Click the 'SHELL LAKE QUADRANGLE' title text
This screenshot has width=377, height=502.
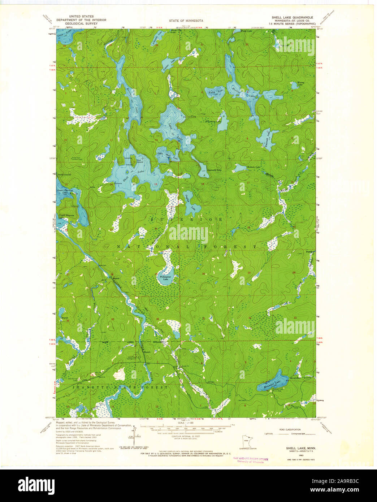click(x=292, y=17)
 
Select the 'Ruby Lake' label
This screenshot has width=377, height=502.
click(x=215, y=91)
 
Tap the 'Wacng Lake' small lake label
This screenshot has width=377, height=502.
click(x=300, y=83)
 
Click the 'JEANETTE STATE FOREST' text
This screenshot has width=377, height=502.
click(x=120, y=387)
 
